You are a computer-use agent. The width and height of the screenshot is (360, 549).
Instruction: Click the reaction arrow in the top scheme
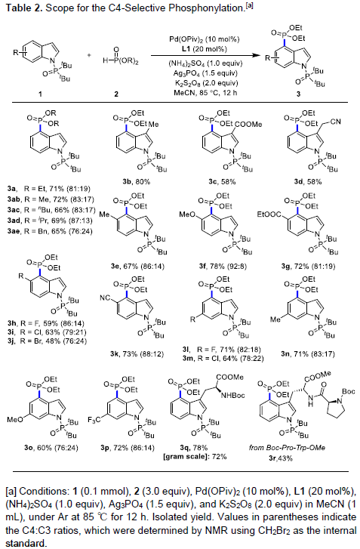pyautogui.click(x=206, y=55)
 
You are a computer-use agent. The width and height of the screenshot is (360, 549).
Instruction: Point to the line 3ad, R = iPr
pyautogui.click(x=50, y=221)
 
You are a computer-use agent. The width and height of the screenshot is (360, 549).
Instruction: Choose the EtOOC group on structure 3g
pyautogui.click(x=269, y=214)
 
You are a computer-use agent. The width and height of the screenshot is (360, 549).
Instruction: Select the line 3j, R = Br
pyautogui.click(x=48, y=341)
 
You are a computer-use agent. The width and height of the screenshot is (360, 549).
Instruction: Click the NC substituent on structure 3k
pyautogui.click(x=105, y=298)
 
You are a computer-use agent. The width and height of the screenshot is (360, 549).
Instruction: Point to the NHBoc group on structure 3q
pyautogui.click(x=233, y=395)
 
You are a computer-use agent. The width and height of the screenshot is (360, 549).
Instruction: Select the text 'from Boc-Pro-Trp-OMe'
pyautogui.click(x=287, y=448)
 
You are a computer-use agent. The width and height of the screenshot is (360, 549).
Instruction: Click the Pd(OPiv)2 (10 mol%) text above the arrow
pyautogui.click(x=205, y=39)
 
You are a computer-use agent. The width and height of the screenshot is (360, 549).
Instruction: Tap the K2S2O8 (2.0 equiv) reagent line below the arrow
pyautogui.click(x=206, y=83)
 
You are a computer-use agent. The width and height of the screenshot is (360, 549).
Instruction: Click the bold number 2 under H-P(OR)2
pyautogui.click(x=116, y=94)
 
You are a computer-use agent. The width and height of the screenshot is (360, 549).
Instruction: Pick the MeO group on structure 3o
pyautogui.click(x=15, y=419)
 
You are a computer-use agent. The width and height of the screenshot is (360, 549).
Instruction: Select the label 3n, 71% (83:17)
pyautogui.click(x=308, y=354)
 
